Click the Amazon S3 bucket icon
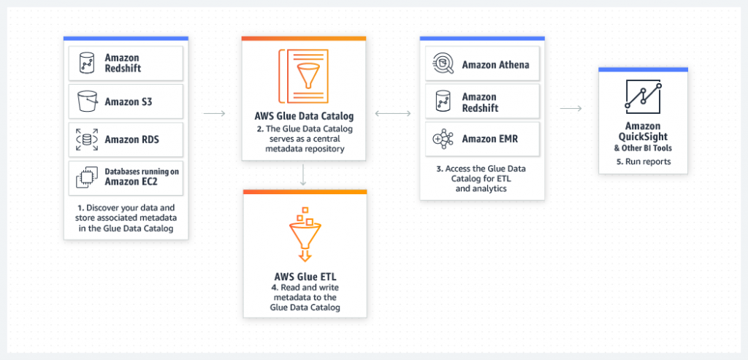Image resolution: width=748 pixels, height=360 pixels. tap(86, 101)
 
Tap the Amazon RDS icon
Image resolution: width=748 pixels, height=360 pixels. tap(86, 139)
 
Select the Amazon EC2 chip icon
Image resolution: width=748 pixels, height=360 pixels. tap(86, 176)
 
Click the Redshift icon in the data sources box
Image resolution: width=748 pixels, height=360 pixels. tap(86, 63)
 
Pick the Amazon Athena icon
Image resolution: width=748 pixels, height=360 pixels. tap(443, 64)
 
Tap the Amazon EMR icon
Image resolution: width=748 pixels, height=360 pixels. tap(443, 138)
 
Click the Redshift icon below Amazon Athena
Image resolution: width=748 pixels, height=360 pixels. tap(443, 102)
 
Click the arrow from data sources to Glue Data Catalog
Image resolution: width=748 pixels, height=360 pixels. tap(214, 113)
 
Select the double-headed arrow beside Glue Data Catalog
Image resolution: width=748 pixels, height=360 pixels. tap(393, 113)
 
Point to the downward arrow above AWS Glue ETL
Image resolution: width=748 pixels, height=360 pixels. tap(303, 175)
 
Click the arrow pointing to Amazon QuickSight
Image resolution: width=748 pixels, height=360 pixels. tap(570, 109)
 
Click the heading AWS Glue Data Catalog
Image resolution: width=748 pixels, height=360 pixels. tap(303, 115)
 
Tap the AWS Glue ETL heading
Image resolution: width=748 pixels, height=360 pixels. tap(303, 277)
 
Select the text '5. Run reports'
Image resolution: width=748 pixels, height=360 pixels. tap(643, 161)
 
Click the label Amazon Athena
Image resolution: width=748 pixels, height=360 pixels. tap(495, 65)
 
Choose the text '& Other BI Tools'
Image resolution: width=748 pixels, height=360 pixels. tap(643, 148)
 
